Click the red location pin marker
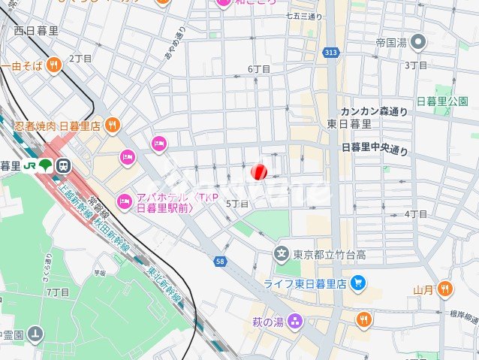click(x=258, y=172)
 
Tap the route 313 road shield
click(x=330, y=52)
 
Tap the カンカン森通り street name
click(x=374, y=111)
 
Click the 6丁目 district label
click(x=259, y=69)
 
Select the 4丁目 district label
click(x=415, y=214)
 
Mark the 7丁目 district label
click(x=58, y=292)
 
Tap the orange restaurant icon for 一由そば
click(x=53, y=66)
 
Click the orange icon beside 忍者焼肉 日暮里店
click(x=112, y=125)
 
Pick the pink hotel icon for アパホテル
click(x=123, y=199)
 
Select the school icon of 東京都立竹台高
click(x=282, y=253)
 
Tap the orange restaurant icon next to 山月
click(x=445, y=288)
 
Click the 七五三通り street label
click(x=304, y=16)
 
